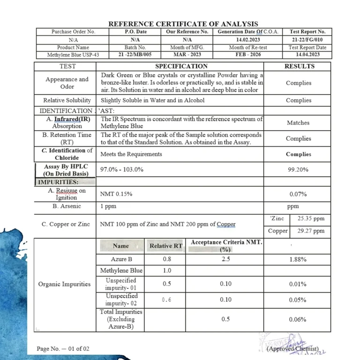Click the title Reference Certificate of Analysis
point(183,24)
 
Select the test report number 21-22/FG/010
point(307,40)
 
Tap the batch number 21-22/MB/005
point(135,55)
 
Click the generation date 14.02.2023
point(248,40)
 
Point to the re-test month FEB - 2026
point(248,55)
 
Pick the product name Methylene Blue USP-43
point(73,55)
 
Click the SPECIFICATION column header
point(181,67)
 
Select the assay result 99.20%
point(298,170)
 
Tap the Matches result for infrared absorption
point(298,123)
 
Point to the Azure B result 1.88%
point(298,259)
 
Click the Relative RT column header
point(166,246)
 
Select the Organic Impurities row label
point(64,284)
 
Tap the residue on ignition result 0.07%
point(298,194)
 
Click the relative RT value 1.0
point(166,270)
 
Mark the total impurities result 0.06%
point(298,320)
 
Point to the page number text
point(63,349)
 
